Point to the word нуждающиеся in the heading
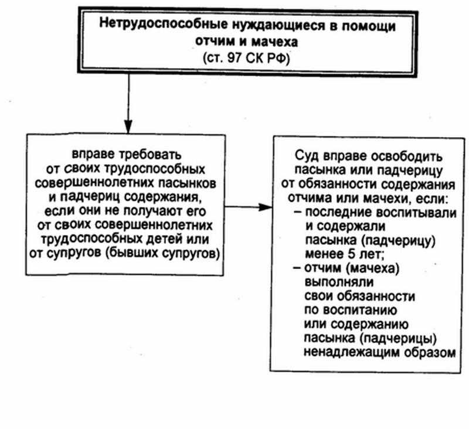click(x=278, y=25)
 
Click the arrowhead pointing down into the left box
click(x=128, y=127)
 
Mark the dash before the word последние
click(x=298, y=212)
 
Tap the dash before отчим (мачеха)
click(x=297, y=268)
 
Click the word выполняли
click(x=339, y=282)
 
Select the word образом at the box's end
click(x=430, y=352)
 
